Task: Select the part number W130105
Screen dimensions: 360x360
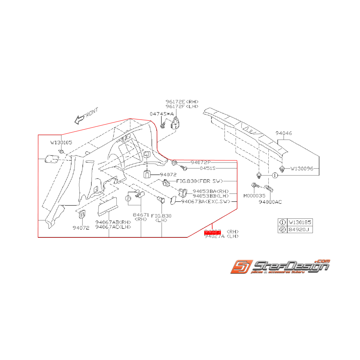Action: (61, 142)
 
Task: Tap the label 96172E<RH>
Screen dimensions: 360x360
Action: (182, 101)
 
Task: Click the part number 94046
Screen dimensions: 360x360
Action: (284, 133)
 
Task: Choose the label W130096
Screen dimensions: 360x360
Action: (304, 169)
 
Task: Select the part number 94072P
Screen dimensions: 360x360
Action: (201, 163)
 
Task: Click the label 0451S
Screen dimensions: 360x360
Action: (208, 169)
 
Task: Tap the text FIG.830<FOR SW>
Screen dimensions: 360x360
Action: (203, 181)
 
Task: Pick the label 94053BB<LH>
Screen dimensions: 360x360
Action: (211, 196)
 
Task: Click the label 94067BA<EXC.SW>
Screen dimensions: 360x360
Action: (205, 201)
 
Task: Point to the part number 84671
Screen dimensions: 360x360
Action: (141, 215)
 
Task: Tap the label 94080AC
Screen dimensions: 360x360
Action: (271, 201)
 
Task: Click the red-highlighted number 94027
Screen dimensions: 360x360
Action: (212, 231)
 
